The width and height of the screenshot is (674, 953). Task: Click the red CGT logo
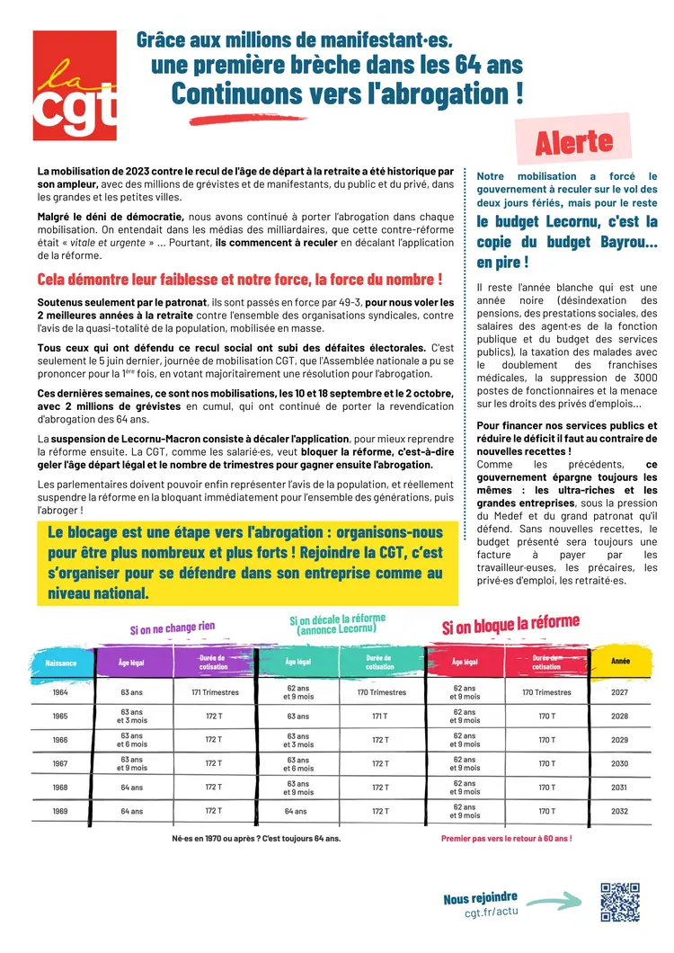75,85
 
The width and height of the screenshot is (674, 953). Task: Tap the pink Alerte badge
573,141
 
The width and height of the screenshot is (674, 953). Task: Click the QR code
619,902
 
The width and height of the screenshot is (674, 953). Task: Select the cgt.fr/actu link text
492,913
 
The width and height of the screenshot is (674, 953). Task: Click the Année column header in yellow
620,662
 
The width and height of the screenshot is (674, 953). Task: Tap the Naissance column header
60,664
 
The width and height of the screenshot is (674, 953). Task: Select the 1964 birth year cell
60,692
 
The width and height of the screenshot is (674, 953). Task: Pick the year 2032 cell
619,810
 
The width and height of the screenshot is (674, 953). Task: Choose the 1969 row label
60,810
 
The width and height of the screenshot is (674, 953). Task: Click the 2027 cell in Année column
619,692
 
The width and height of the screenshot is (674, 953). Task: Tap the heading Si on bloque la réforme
510,625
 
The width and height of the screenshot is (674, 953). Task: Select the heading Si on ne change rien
172,627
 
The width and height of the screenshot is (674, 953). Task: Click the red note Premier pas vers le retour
506,838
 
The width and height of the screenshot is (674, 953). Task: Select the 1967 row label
60,763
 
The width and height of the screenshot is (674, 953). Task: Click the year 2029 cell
619,740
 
